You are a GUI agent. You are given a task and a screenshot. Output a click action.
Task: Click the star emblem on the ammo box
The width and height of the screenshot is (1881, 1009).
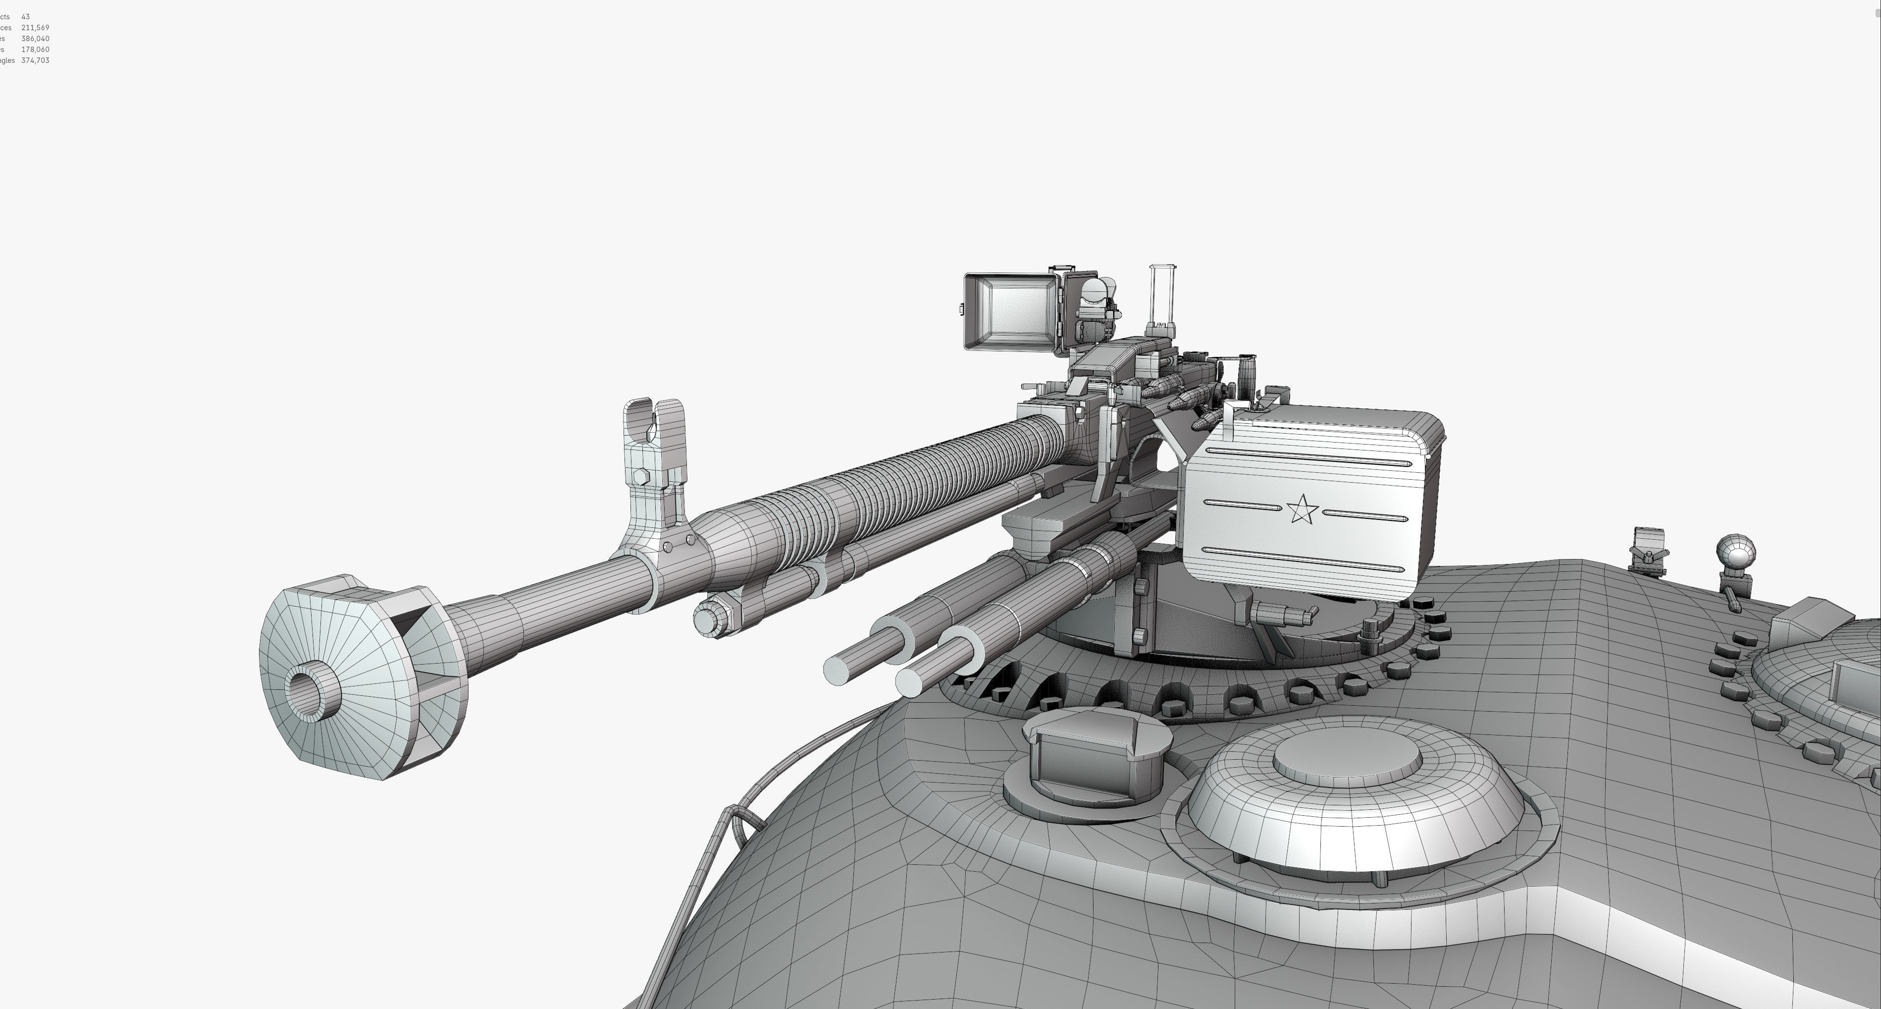tap(1301, 509)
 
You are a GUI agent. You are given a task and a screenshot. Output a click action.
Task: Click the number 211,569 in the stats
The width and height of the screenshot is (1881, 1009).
tap(35, 28)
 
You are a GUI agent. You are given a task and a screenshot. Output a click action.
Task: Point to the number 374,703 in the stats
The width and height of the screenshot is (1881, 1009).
tap(35, 60)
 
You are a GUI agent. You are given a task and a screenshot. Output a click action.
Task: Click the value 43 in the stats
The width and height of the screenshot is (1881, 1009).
tap(26, 17)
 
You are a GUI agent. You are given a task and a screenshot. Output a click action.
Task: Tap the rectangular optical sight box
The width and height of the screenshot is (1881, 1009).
tap(1011, 313)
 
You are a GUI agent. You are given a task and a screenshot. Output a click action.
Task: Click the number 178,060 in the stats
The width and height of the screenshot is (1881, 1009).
tap(35, 50)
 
